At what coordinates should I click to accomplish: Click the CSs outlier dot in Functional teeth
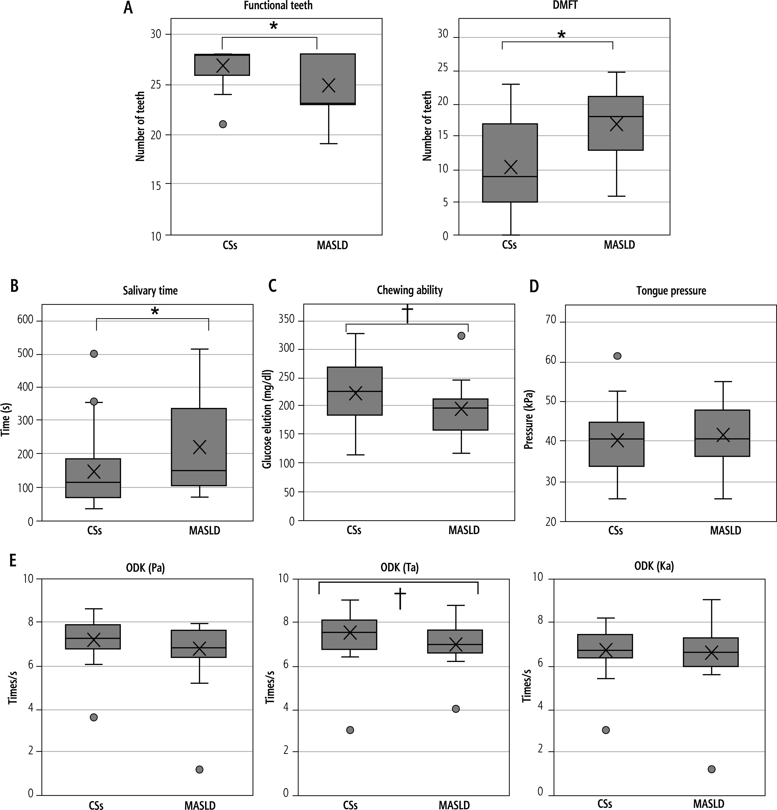point(223,124)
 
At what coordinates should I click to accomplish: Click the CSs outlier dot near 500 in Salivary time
point(94,354)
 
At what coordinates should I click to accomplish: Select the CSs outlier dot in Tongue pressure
point(617,356)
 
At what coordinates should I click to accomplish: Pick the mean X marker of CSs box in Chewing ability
point(355,393)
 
